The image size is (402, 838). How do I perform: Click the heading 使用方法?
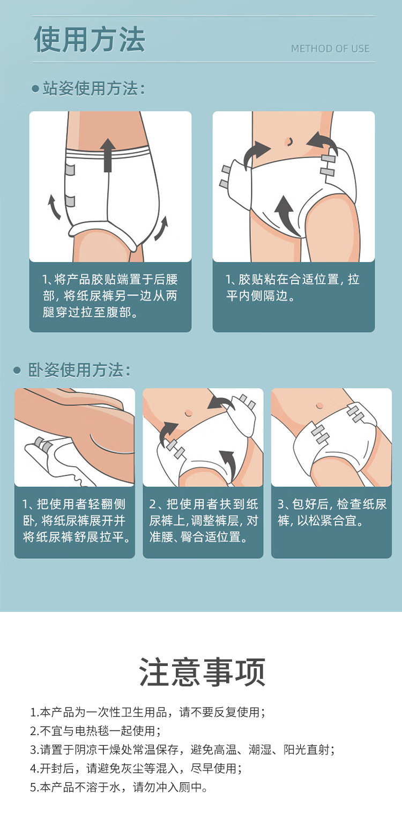click(x=90, y=39)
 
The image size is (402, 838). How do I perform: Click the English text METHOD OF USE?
click(x=330, y=49)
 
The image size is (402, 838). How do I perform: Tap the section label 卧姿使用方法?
click(x=79, y=370)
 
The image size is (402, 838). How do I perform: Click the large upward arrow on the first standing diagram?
click(x=108, y=155)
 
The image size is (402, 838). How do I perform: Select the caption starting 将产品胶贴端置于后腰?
click(x=110, y=296)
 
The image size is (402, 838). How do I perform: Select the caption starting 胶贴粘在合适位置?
click(x=292, y=287)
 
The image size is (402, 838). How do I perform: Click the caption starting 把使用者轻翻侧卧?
click(x=76, y=520)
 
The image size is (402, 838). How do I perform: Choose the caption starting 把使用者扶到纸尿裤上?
click(x=203, y=520)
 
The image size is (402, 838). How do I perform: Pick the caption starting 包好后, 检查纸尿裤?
click(x=332, y=512)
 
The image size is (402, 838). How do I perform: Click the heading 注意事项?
click(x=202, y=672)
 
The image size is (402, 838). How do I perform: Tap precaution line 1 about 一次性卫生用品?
click(x=148, y=712)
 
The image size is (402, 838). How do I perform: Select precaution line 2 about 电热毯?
click(x=95, y=731)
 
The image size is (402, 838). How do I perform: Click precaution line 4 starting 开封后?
click(x=136, y=768)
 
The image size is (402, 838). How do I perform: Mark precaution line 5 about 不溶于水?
click(x=118, y=787)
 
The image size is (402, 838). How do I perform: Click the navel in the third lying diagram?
click(x=319, y=406)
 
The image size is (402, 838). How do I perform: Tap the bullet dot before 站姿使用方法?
click(x=35, y=89)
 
